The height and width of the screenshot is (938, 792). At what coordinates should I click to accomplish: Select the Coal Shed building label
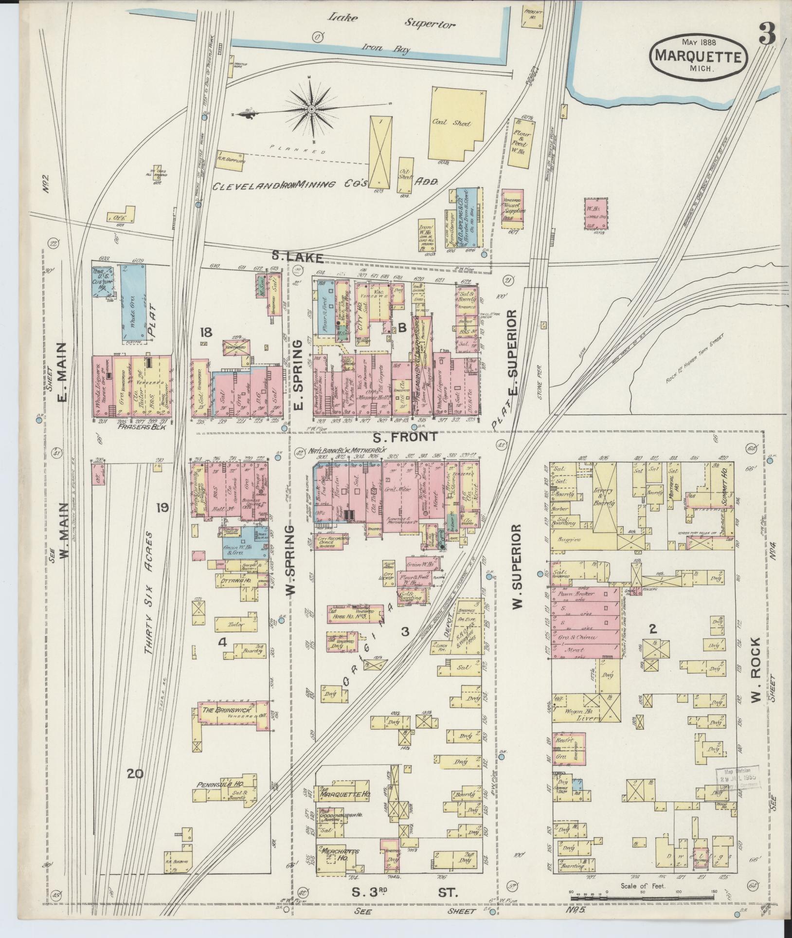pyautogui.click(x=451, y=124)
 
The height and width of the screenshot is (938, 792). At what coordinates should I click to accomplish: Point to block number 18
pyautogui.click(x=206, y=333)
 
